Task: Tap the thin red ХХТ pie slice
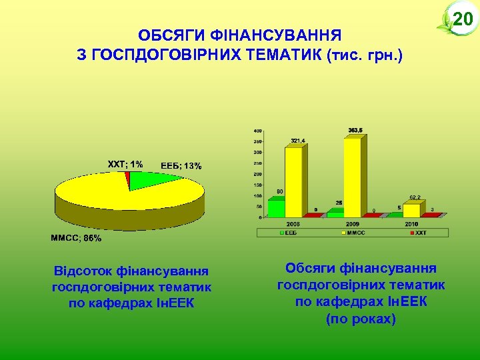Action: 127,176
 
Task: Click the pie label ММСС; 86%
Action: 77,238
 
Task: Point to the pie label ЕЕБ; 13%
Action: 181,165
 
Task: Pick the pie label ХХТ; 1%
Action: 125,163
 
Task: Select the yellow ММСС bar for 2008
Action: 293,180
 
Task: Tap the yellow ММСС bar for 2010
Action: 411,209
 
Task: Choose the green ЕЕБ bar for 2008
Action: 276,207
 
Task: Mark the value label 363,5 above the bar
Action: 355,130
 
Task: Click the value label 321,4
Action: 297,141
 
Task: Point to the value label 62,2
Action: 415,197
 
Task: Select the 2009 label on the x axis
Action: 353,225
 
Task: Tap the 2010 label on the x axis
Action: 412,225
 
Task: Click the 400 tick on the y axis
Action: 257,131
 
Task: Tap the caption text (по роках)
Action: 361,319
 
